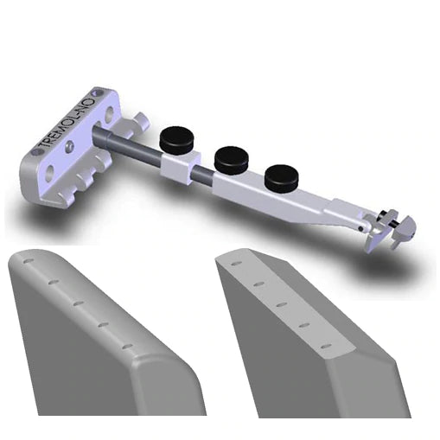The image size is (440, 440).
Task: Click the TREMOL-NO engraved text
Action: (61, 126)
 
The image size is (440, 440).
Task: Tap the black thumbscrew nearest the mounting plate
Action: (178, 137)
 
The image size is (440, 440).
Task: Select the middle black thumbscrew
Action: (231, 156)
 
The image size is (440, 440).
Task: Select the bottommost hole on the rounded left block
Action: (127, 346)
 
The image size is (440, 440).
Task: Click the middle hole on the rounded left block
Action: (77, 303)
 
